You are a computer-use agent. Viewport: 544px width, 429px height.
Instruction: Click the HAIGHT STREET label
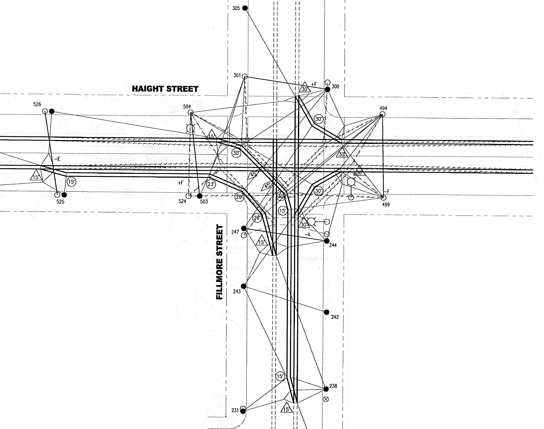165,89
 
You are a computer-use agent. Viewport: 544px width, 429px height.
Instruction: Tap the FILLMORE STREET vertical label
220,262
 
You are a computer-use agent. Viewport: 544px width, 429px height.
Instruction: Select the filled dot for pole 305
245,8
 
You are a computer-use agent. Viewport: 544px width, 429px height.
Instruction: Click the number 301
237,75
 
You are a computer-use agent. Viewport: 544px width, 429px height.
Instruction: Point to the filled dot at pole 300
327,89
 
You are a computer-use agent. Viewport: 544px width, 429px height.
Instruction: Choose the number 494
383,108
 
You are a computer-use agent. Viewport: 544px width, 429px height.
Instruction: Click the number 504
187,106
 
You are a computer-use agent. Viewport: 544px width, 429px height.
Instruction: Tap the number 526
37,104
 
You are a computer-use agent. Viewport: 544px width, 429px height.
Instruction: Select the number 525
60,201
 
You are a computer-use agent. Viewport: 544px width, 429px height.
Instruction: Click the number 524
182,201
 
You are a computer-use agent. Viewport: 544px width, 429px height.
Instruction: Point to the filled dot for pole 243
243,286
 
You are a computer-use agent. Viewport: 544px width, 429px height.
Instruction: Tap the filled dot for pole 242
326,312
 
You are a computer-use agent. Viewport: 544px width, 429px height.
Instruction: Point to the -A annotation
307,235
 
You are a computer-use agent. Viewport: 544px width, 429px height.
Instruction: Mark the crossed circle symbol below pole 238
326,399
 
